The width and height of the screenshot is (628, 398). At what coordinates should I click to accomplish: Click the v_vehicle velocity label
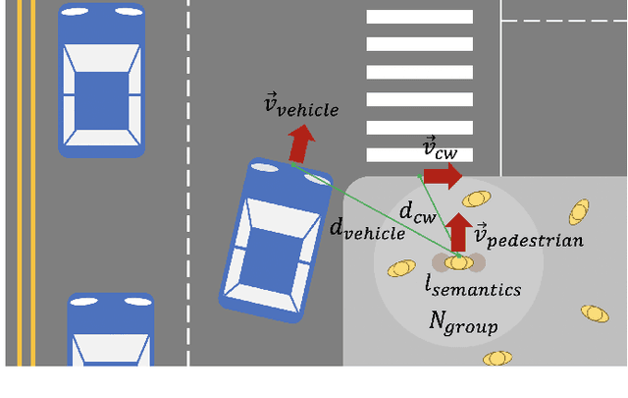point(301,106)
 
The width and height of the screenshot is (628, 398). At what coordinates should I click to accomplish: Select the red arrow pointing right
point(443,176)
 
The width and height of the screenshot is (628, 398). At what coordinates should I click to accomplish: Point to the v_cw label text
point(440,149)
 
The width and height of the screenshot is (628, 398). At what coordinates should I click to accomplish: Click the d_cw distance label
point(417,210)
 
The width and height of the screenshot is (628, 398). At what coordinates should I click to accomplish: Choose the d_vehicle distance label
point(366,229)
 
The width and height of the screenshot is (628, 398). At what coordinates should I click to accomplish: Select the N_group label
point(463,321)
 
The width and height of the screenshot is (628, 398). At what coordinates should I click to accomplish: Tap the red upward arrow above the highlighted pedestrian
point(458,232)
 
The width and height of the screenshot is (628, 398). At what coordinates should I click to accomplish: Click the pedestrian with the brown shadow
point(458,262)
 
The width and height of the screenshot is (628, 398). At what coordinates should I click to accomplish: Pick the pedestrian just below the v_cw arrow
point(476,199)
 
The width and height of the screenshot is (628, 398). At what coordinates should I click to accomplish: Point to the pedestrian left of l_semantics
point(401,268)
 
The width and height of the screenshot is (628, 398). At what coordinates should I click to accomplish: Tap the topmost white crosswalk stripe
point(419,17)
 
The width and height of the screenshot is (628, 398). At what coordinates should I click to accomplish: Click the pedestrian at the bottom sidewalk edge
point(497,358)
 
